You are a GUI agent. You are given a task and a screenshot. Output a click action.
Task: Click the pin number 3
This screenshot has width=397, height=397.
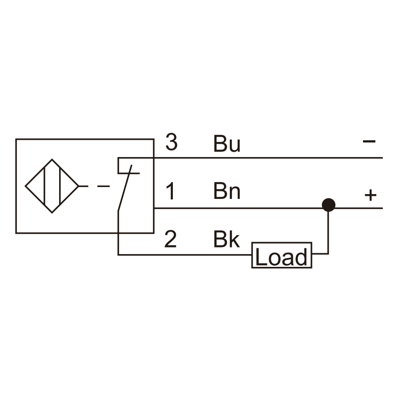(x=172, y=142)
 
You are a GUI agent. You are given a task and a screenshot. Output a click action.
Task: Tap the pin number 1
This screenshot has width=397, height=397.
(x=171, y=191)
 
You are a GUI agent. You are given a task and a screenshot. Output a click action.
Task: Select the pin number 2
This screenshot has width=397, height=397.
(x=170, y=239)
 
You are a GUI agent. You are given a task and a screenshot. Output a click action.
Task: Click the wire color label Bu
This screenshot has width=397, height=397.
(x=227, y=143)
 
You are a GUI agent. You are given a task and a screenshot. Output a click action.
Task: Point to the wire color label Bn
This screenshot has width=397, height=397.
(x=227, y=191)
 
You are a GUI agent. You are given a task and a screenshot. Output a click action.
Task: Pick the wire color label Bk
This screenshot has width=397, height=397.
(x=227, y=239)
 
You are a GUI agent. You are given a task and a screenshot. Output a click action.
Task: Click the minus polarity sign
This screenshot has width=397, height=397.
(x=369, y=141)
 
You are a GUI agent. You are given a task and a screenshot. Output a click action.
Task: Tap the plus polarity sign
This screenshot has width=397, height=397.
(x=371, y=195)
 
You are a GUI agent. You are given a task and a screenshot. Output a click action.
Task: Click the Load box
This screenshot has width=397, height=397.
(x=282, y=255)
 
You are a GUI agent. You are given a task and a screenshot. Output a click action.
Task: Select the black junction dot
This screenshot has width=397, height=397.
(x=329, y=205)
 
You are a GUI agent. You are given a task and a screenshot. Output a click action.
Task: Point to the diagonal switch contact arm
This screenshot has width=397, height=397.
(x=125, y=188)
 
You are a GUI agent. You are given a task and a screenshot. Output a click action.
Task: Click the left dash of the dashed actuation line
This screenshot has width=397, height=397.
(x=83, y=186)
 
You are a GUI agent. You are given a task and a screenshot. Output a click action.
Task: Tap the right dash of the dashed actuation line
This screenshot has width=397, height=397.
(x=104, y=186)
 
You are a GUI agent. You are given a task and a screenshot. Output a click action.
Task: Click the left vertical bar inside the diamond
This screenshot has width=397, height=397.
(x=44, y=186)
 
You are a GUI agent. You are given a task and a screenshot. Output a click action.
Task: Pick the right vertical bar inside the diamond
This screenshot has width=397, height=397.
(x=60, y=186)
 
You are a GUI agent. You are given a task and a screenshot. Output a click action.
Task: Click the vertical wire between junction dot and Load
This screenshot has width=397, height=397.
(x=328, y=232)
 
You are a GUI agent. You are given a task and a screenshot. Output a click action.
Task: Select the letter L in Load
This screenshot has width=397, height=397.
(x=261, y=256)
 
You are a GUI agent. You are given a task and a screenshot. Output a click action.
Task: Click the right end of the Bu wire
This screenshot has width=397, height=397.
(x=382, y=158)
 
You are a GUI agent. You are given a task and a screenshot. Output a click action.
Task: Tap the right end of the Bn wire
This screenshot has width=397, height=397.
(x=382, y=208)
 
